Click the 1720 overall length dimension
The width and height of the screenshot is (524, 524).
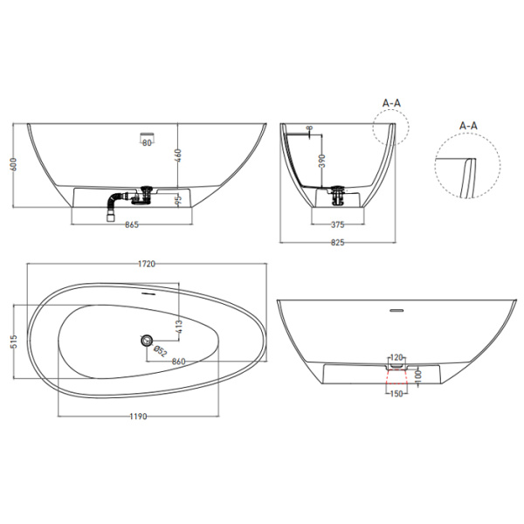tap(147, 264)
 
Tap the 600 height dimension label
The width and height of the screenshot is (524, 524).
tap(14, 165)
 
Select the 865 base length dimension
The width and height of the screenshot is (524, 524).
tap(132, 225)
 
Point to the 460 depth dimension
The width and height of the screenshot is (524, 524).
tap(178, 155)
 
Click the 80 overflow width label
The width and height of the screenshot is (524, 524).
tap(147, 143)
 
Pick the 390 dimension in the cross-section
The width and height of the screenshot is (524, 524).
tap(322, 161)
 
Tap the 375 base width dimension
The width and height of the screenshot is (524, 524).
tap(337, 225)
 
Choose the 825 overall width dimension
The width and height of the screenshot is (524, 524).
tap(337, 243)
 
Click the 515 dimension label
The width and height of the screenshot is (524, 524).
tap(14, 341)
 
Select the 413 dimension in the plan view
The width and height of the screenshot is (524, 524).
tap(178, 327)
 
